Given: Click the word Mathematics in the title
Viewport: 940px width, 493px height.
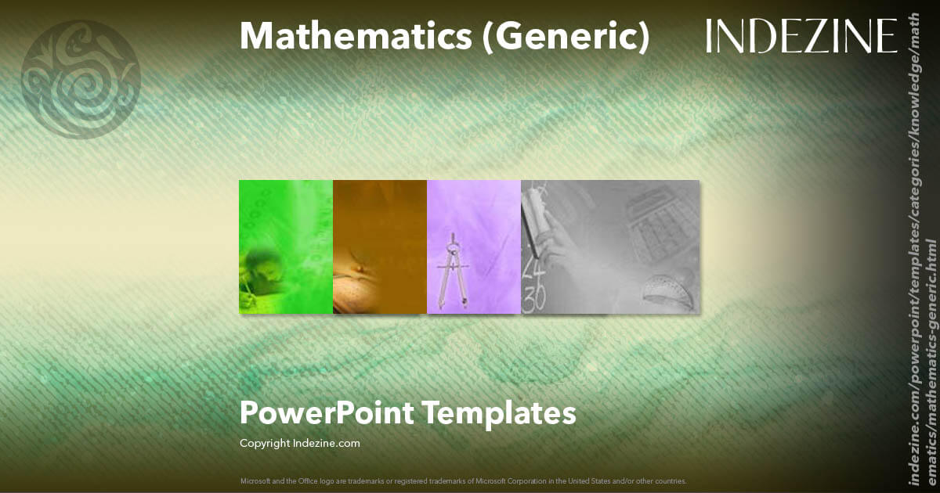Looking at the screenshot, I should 355,36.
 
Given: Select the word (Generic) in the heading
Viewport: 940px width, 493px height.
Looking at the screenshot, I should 566,36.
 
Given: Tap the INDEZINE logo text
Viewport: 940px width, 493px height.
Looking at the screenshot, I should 801,36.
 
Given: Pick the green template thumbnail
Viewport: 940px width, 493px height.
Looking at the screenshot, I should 286,246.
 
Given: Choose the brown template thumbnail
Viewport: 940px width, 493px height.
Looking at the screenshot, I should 380,246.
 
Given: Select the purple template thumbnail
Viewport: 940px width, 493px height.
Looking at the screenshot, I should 474,246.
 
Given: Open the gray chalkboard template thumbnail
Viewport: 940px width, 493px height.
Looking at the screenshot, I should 610,246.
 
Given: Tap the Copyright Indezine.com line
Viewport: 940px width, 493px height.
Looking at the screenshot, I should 299,444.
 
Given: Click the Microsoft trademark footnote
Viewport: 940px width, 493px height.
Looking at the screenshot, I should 463,480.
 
